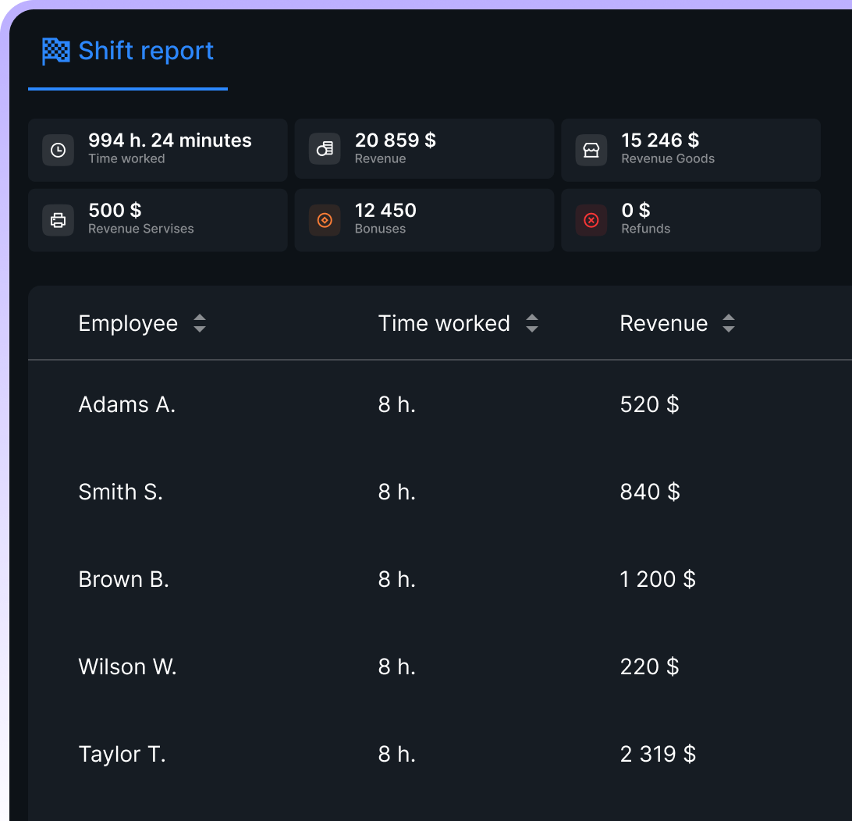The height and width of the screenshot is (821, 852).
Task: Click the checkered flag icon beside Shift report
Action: (x=55, y=52)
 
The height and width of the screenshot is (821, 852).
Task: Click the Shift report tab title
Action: (x=146, y=52)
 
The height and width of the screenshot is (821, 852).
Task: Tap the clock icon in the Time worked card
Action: (x=58, y=150)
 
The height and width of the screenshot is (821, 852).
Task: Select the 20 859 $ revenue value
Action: (x=395, y=140)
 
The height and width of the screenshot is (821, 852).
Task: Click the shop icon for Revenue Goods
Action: (x=591, y=150)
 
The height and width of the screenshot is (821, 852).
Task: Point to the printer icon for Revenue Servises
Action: (x=58, y=220)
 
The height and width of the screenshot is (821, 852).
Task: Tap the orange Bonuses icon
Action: (x=325, y=220)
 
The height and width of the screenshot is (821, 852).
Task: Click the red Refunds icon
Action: (x=591, y=220)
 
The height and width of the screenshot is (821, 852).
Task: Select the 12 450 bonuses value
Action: (x=385, y=211)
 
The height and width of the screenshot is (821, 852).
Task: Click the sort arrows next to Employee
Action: (x=200, y=324)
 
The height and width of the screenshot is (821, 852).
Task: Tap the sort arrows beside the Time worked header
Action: (x=532, y=324)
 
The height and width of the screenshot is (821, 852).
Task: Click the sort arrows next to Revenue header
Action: (x=729, y=324)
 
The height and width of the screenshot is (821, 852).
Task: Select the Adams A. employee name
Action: (x=127, y=404)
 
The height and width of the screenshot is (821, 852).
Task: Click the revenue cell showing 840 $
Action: (x=650, y=492)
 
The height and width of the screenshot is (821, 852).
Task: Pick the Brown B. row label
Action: (x=124, y=579)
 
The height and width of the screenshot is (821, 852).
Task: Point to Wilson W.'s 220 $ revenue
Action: (x=649, y=666)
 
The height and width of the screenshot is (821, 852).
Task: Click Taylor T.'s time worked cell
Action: (x=396, y=754)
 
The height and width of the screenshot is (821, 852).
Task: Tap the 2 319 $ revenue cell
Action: (x=658, y=754)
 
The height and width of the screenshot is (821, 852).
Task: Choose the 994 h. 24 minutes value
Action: (x=170, y=140)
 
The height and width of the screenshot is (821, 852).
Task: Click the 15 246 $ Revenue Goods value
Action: (x=660, y=140)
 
